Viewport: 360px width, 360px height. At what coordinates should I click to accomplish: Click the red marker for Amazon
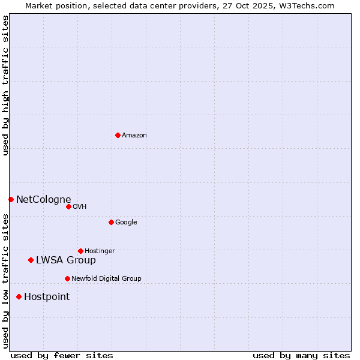118,135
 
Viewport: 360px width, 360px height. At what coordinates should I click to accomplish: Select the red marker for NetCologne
11,199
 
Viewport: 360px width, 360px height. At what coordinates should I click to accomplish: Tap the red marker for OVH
68,206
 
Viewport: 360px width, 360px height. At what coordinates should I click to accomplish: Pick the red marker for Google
111,222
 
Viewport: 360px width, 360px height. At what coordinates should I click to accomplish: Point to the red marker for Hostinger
80,251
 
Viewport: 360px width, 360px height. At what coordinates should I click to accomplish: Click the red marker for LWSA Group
31,260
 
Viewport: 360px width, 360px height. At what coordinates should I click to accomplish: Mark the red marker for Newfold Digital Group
67,278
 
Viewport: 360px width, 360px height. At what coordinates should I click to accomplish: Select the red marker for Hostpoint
19,296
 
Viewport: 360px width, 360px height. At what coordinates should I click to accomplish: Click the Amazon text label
134,136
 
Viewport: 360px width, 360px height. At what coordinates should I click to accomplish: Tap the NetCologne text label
44,200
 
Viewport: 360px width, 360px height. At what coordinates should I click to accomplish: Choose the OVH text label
80,207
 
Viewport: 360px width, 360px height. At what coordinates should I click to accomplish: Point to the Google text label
126,223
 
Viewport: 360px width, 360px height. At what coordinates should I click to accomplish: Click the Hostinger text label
100,251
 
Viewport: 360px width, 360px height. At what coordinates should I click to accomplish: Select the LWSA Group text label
66,260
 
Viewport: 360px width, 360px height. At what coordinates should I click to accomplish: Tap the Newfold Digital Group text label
106,279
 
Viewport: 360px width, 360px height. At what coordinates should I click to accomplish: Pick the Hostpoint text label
47,297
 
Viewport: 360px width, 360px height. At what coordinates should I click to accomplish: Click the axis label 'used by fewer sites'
62,355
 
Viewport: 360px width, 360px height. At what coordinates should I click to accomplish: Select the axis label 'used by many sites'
301,355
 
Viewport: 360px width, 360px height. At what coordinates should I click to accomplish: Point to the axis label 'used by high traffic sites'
5,85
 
